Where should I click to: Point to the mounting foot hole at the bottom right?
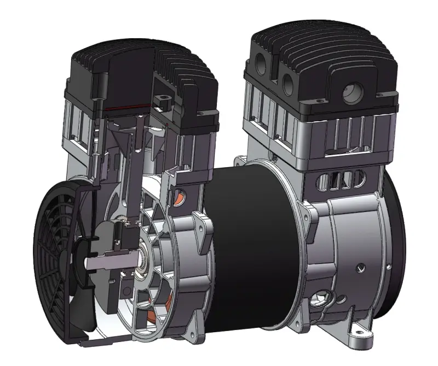tap(362, 333)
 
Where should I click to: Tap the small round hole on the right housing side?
tap(360, 267)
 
